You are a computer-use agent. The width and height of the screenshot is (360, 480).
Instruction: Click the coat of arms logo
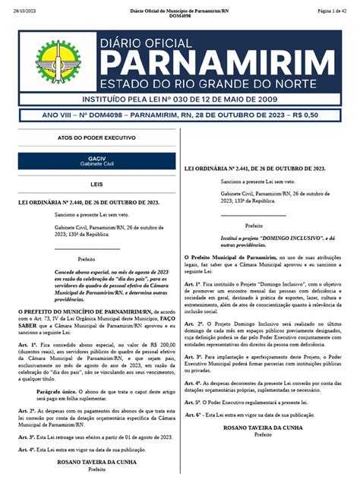(x=58, y=63)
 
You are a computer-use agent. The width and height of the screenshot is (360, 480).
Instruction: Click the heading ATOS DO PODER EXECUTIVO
(x=96, y=138)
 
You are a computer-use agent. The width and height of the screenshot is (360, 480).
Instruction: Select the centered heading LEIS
(x=96, y=183)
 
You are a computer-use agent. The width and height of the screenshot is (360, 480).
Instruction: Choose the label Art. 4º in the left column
(x=27, y=449)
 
